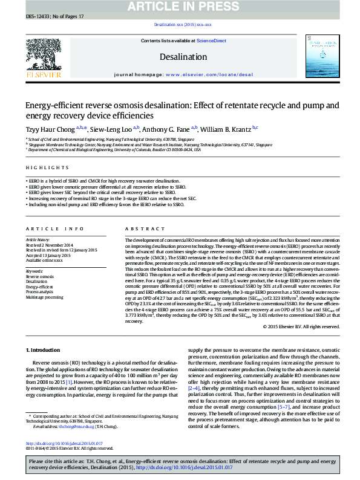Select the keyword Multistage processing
[44, 297]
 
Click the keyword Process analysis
[39, 292]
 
